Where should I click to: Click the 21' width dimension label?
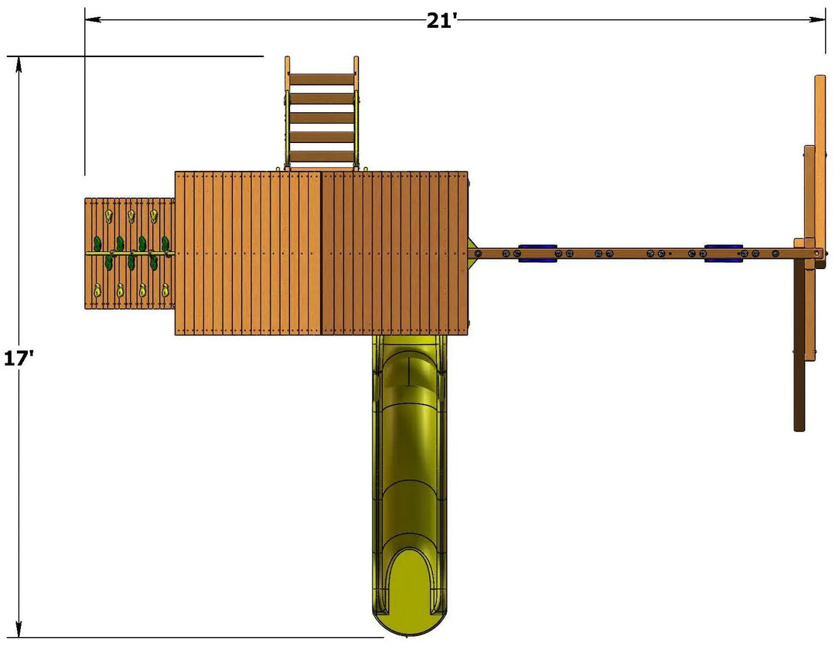click(441, 21)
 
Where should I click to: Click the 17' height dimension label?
click(19, 358)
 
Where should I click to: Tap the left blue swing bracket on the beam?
click(537, 254)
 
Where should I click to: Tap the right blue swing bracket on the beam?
click(723, 254)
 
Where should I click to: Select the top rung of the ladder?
click(322, 80)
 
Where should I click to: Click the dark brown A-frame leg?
click(799, 346)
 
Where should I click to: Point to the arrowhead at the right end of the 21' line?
click(817, 20)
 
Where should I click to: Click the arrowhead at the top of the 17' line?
click(19, 64)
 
